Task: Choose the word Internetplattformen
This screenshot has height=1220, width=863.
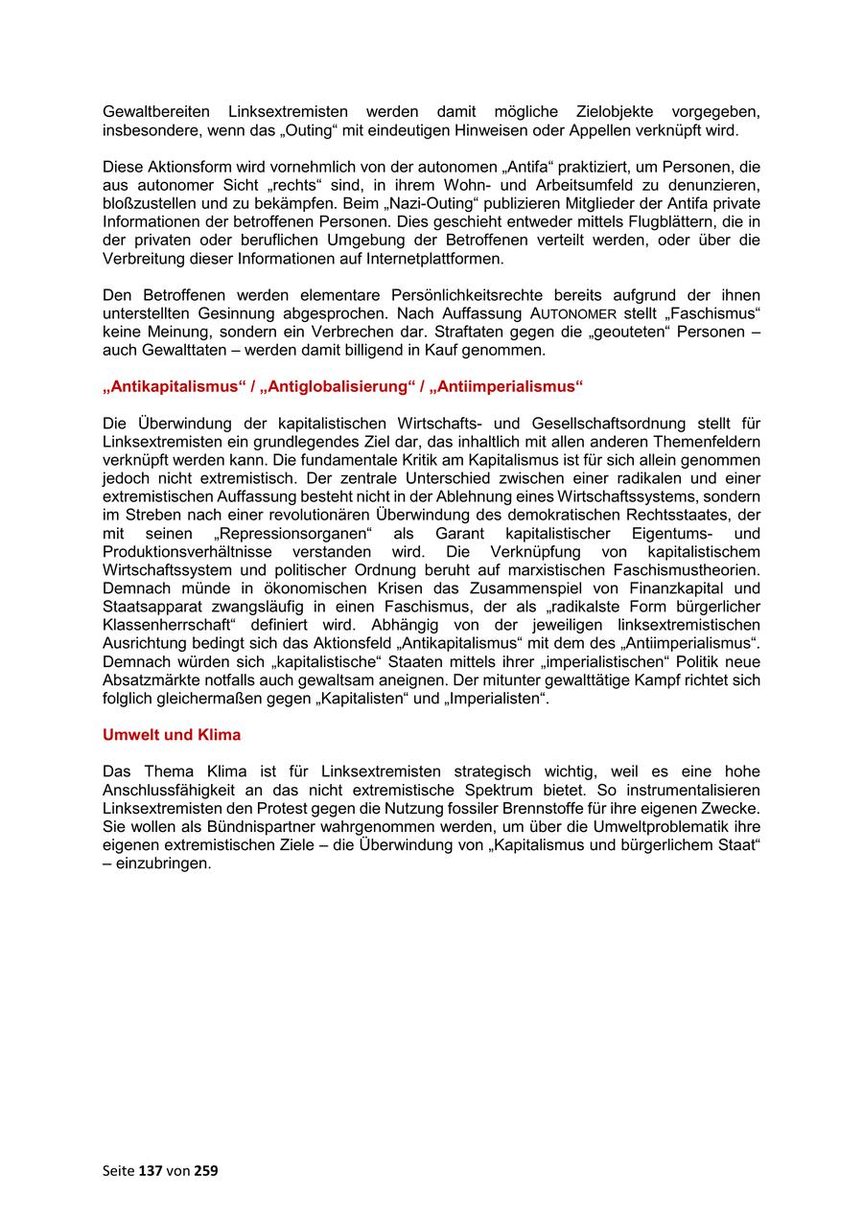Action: tap(436, 259)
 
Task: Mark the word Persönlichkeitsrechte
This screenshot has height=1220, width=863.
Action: tap(503, 295)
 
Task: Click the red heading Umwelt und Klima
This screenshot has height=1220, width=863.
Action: tap(172, 735)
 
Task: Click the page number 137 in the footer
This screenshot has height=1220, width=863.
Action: tap(151, 1170)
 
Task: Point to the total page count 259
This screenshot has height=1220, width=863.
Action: tap(206, 1170)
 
